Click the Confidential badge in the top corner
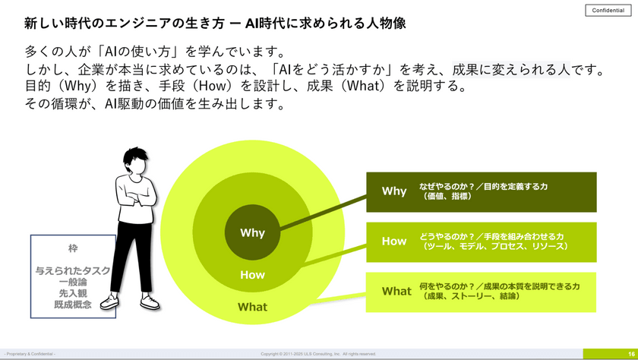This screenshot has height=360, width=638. pyautogui.click(x=608, y=11)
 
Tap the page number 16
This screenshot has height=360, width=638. pyautogui.click(x=631, y=354)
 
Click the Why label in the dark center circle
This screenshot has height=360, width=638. pyautogui.click(x=252, y=233)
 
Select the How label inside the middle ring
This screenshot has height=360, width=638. pyautogui.click(x=252, y=275)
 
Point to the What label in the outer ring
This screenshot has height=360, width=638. pyautogui.click(x=252, y=307)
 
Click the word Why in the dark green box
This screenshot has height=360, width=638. pyautogui.click(x=394, y=191)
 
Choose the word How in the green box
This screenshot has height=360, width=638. pyautogui.click(x=393, y=242)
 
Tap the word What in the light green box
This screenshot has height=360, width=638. pyautogui.click(x=396, y=291)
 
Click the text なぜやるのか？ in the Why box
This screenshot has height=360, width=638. pyautogui.click(x=445, y=187)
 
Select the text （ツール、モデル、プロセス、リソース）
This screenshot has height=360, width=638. pyautogui.click(x=495, y=246)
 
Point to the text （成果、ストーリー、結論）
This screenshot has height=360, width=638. pyautogui.click(x=472, y=296)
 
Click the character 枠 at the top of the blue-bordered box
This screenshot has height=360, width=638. pyautogui.click(x=73, y=248)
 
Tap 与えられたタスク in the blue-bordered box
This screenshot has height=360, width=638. pyautogui.click(x=73, y=270)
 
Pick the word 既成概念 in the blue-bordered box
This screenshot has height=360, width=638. pyautogui.click(x=73, y=304)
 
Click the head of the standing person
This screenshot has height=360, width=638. pyautogui.click(x=137, y=162)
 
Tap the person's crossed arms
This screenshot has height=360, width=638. pyautogui.click(x=136, y=195)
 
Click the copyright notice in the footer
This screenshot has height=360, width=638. pyautogui.click(x=318, y=354)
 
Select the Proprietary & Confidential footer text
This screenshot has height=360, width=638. pyautogui.click(x=31, y=354)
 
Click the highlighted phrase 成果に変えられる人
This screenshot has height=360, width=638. pyautogui.click(x=510, y=70)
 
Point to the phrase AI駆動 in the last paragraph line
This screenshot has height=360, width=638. pyautogui.click(x=126, y=104)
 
